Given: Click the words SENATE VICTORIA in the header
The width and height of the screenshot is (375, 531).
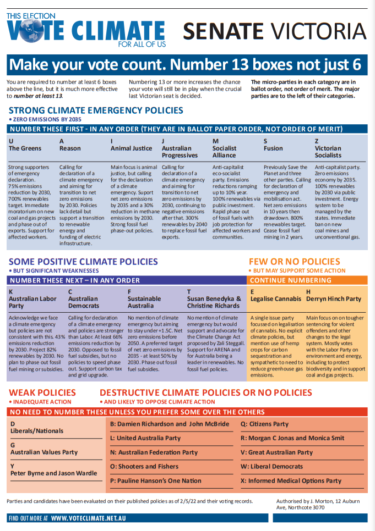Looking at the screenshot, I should [274, 31].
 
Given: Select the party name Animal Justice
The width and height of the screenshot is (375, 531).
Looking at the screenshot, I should [131, 148].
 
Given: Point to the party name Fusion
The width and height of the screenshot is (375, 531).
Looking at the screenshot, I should [273, 148].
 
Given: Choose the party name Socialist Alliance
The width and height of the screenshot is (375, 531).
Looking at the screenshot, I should [225, 152].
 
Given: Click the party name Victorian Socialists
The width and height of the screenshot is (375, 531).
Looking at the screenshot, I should [328, 152].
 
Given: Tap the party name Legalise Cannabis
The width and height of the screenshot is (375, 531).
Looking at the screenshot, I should [276, 299].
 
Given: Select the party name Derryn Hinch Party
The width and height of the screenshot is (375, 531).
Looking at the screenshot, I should [334, 299].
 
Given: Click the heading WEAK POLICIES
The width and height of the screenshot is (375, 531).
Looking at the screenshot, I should [42, 392].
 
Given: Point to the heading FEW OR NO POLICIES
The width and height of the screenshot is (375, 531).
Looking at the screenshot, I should [295, 262].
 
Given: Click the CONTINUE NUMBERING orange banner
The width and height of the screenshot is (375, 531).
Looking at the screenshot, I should [284, 280].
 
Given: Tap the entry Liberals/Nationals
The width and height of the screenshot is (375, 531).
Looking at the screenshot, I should [37, 431].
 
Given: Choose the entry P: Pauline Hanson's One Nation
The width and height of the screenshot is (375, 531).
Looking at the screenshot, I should [156, 481].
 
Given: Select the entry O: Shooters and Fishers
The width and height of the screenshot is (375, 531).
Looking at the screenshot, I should [144, 467].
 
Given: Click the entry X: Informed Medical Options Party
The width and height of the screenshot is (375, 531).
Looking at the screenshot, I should [291, 481].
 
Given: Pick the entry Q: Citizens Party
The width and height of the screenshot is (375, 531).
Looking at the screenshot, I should [264, 424].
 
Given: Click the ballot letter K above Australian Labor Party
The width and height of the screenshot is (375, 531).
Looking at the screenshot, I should [11, 292].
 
